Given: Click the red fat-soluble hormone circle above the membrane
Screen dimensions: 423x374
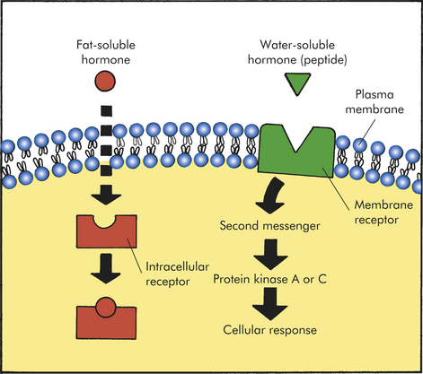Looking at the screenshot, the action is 105,81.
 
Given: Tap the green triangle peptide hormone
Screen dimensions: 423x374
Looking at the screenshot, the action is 297,83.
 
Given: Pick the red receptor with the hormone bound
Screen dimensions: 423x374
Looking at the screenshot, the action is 106,320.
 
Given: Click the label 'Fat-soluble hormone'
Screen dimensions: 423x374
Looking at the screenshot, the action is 106,52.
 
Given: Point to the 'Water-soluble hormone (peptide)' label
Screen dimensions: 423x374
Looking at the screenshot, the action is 297,53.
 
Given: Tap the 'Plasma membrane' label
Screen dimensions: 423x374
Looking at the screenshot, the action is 375,101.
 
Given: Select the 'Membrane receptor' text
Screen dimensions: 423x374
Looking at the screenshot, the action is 383,213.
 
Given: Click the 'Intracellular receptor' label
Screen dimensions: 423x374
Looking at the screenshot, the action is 177,274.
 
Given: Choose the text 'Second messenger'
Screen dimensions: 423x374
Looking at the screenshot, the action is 269,226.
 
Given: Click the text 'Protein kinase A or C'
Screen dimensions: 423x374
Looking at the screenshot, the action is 269,279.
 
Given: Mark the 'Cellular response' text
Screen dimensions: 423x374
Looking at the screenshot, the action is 269,330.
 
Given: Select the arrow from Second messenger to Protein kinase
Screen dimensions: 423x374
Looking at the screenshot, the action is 270,254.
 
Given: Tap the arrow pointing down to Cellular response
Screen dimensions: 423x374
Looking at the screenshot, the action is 270,304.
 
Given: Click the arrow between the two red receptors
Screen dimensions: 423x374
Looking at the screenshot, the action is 106,268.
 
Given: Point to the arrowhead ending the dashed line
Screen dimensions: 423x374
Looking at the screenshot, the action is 106,195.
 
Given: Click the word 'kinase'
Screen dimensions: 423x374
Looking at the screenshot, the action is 270,279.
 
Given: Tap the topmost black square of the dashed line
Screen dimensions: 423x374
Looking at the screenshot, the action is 106,111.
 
